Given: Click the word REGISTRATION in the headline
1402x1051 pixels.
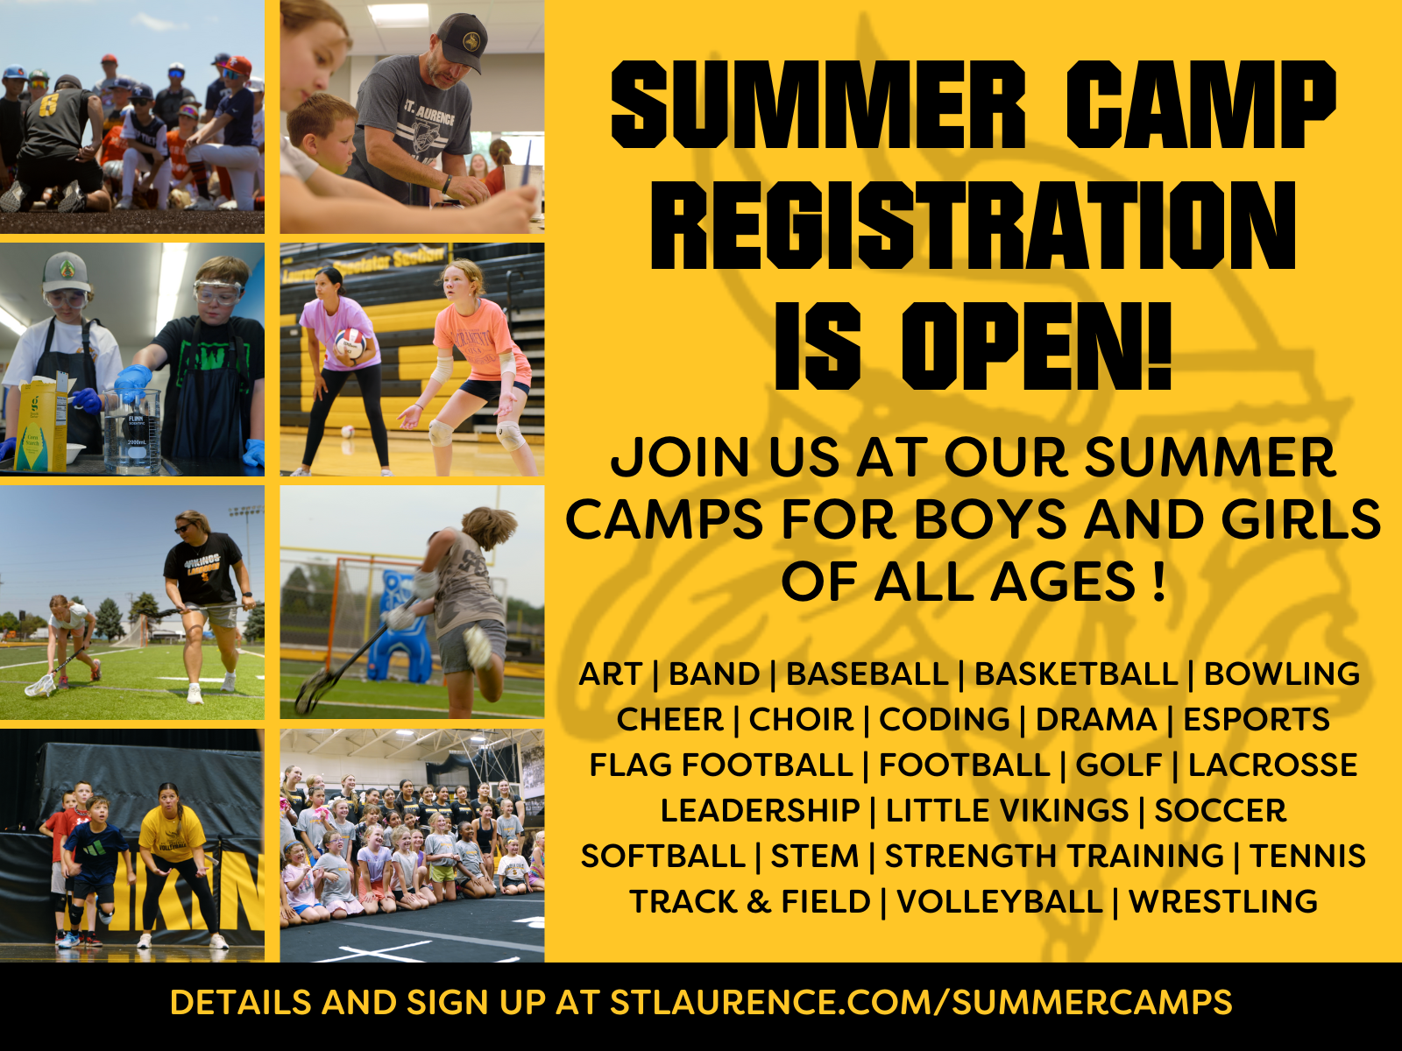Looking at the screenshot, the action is coord(973,224).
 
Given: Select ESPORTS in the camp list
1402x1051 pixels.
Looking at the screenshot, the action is coord(1257,719).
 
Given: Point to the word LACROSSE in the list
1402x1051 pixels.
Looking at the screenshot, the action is coord(1272,765).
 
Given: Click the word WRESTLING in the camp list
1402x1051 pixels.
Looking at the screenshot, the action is coord(1223,902).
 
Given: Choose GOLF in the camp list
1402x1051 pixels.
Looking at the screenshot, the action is coord(1118,765).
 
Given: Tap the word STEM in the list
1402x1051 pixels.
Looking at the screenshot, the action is coord(814,856).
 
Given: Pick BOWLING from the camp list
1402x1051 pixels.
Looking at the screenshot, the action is coord(1281,674).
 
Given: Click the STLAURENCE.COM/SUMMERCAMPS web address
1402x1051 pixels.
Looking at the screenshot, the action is coord(921,1002).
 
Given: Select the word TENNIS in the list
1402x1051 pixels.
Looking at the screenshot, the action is coord(1307,856).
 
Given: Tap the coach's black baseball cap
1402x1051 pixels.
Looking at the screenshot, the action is coord(462,41).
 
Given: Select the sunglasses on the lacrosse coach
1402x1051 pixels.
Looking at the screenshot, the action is coord(184,528).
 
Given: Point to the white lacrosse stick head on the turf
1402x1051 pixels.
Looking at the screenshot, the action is coord(39,686).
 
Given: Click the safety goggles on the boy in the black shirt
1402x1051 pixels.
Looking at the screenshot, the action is coord(219,293).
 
